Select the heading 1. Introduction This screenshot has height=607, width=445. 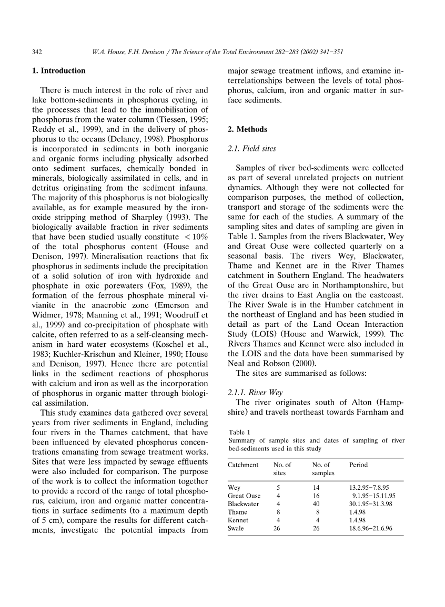coord(59,71)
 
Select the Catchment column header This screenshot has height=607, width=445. coord(242,465)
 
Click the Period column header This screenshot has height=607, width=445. coord(358,465)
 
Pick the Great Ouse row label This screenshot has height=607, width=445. coord(244,496)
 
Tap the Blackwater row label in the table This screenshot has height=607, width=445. coord(243,504)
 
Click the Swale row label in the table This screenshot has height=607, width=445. coord(236,528)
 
